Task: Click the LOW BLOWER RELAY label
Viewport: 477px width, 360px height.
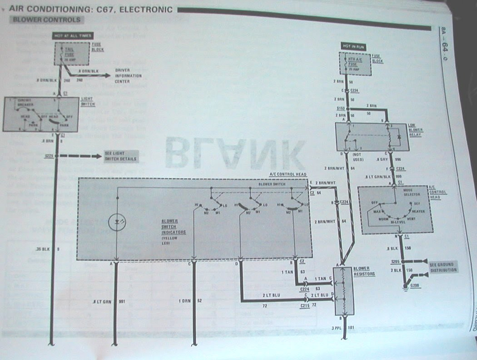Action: (416, 130)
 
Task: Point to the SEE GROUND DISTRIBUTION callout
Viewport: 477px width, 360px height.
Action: (442, 267)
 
